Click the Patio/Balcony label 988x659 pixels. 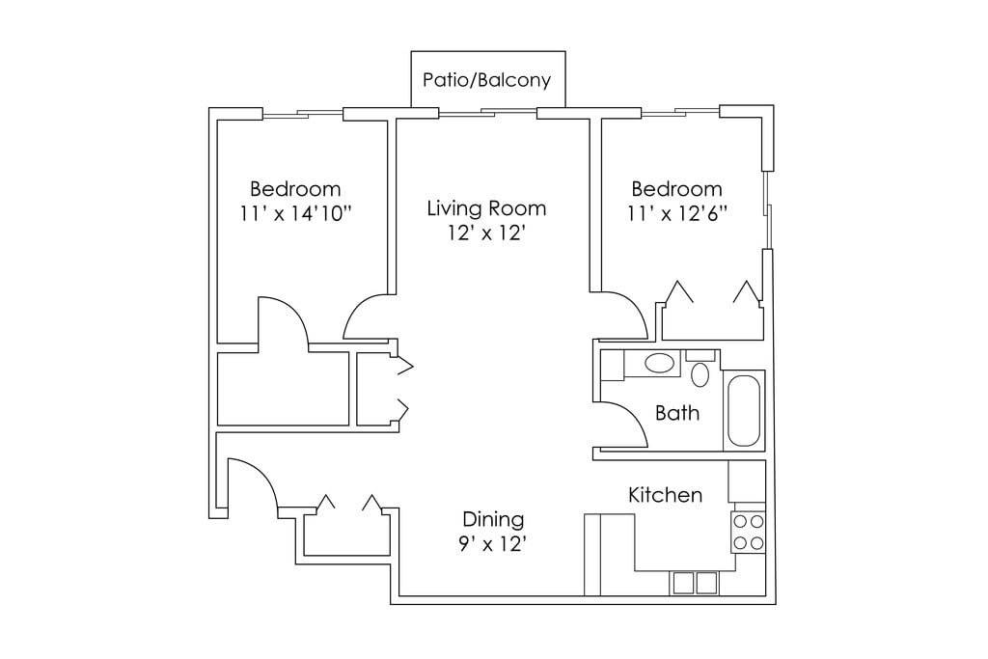[x=486, y=80]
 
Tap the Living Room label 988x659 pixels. [x=486, y=207]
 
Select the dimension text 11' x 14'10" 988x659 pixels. [x=295, y=213]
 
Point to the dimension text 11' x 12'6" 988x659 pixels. [x=677, y=213]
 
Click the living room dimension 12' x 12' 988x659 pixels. [x=486, y=233]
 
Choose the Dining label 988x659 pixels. [x=493, y=519]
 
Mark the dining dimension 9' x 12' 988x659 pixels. [x=493, y=544]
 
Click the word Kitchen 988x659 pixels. [x=666, y=495]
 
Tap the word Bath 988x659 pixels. [x=677, y=413]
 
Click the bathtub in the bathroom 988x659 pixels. [x=744, y=411]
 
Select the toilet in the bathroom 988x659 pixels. [x=700, y=370]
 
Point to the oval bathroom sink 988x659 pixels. [x=659, y=364]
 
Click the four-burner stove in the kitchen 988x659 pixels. [x=748, y=533]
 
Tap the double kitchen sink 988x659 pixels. [x=695, y=583]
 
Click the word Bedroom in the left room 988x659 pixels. [x=295, y=189]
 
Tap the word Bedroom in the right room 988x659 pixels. [x=676, y=189]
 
